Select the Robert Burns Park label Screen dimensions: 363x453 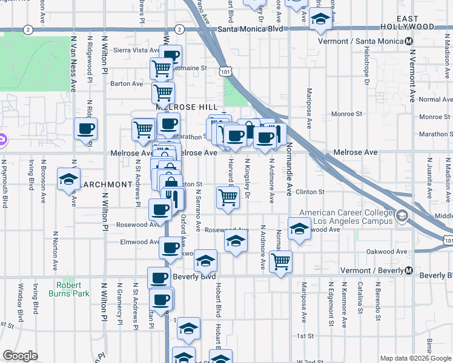pyautogui.click(x=73, y=289)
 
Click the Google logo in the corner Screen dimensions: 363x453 pyautogui.click(x=20, y=356)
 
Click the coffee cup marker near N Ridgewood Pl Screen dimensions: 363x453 pyautogui.click(x=85, y=129)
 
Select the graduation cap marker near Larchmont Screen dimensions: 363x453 pyautogui.click(x=69, y=180)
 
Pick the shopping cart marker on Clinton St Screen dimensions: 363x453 pyautogui.click(x=228, y=197)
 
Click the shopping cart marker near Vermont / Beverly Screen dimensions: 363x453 pyautogui.click(x=280, y=262)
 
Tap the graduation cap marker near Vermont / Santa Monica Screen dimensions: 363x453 pyautogui.click(x=320, y=20)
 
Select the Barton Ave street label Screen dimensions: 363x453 pyautogui.click(x=127, y=83)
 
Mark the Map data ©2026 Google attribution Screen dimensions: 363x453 pyautogui.click(x=415, y=358)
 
